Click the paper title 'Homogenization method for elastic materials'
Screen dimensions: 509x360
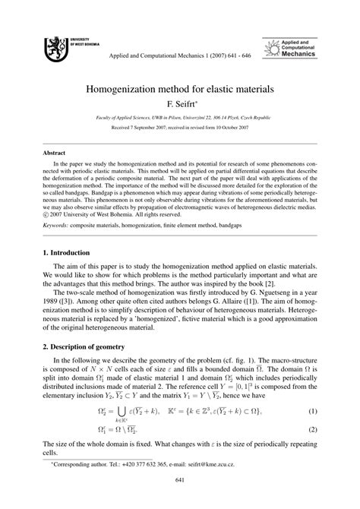tap(180, 89)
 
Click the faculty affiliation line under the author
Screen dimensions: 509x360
tap(180, 120)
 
